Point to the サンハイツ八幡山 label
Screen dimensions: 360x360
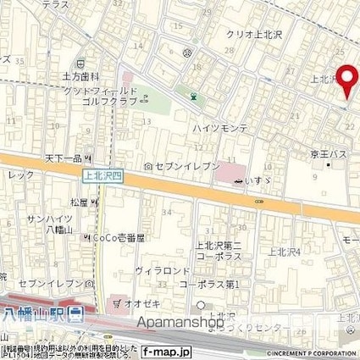pyautogui.click(x=47, y=224)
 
